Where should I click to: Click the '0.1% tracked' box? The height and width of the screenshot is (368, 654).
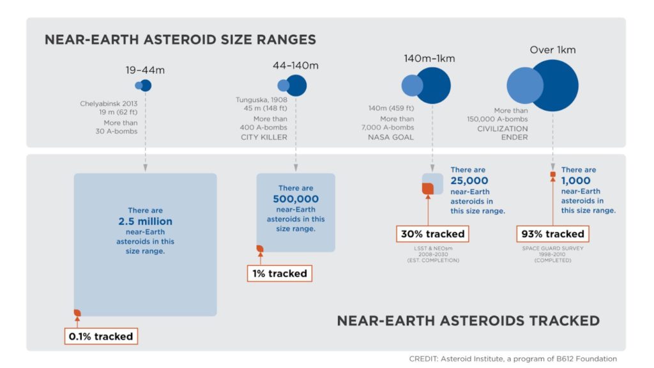(101, 336)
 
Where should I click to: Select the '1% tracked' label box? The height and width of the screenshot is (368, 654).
(280, 273)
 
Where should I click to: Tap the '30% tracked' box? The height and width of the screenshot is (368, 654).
(432, 234)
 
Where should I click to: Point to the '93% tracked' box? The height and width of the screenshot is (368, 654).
(552, 234)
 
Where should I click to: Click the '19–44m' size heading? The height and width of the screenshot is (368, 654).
(145, 70)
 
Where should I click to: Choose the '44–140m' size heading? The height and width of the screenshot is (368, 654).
(296, 66)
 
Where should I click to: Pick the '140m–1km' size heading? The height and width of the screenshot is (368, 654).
(429, 58)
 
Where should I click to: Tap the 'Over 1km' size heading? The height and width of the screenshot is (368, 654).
(552, 50)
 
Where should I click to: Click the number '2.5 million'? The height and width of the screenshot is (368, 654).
(145, 221)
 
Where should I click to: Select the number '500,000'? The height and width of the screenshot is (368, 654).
(296, 199)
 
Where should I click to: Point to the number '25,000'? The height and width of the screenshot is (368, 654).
(469, 181)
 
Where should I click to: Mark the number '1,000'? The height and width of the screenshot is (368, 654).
(575, 181)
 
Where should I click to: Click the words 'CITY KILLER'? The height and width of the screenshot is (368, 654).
(264, 137)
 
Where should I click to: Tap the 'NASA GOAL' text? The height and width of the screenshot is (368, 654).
(391, 137)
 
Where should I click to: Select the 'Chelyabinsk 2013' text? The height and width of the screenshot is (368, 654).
(109, 103)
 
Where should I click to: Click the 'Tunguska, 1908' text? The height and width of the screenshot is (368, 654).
(261, 100)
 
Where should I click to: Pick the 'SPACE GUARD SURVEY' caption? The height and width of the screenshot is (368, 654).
(552, 249)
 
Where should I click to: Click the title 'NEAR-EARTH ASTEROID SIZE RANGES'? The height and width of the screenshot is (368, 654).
(180, 40)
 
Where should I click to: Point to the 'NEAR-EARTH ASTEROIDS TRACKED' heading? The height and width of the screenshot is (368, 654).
(468, 321)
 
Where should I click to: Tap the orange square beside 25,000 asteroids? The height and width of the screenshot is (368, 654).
(427, 188)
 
